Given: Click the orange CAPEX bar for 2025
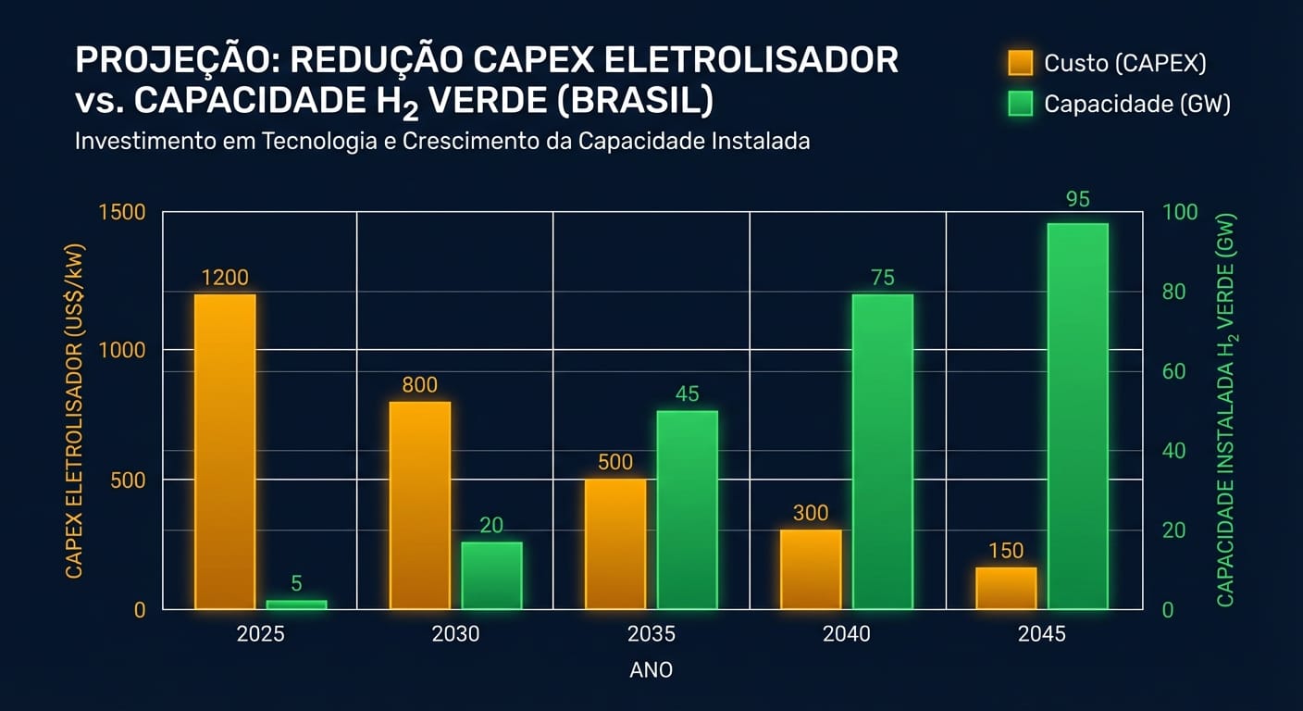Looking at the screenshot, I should pos(225,452).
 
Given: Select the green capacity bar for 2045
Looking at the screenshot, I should pos(1077,417).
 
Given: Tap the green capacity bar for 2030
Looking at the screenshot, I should pos(491,576).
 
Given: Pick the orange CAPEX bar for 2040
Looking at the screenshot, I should pos(811,569).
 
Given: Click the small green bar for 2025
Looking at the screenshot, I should pos(296,605).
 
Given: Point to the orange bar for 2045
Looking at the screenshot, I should pos(1006,589).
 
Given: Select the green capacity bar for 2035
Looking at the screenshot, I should pos(687,510).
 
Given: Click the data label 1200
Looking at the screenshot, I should pos(225,278).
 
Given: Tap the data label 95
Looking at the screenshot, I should pos(1077,199).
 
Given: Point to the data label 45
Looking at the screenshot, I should pos(687,394).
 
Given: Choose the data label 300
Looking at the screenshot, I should pos(811,513).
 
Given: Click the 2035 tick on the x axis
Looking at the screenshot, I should pos(651,635).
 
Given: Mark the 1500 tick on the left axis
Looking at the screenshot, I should pos(121,213).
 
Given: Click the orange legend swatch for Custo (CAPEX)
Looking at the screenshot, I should pos(1020,63).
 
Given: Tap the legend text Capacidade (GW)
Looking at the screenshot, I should pos(1136,105).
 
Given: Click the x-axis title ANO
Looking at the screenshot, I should pos(651,670).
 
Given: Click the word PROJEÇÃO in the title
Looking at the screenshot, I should pos(175,60).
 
